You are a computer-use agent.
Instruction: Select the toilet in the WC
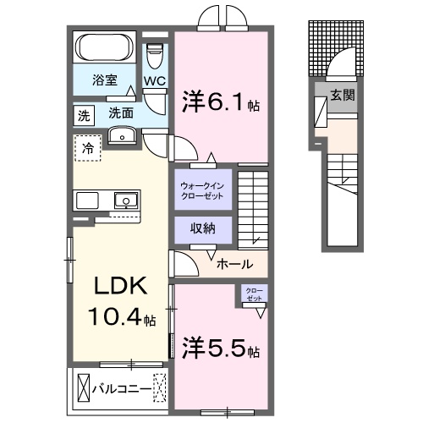[154, 55]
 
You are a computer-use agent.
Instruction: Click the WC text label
[154, 80]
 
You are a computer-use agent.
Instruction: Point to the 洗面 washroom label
[121, 112]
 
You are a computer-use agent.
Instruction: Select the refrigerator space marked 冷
[88, 148]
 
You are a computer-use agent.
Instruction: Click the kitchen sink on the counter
[124, 201]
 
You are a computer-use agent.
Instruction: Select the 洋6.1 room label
[217, 102]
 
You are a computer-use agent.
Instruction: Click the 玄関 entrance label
[343, 95]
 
